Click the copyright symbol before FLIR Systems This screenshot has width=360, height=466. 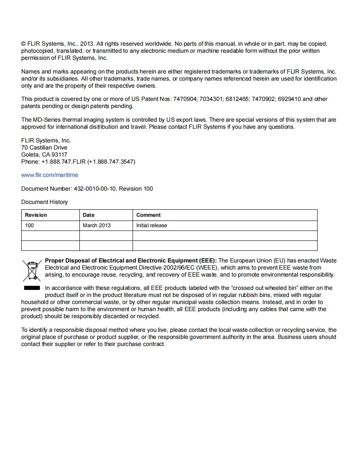pos(24,44)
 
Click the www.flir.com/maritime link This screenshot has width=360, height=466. pos(49,175)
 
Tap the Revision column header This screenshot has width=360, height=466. pos(36,215)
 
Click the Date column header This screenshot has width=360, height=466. pos(89,215)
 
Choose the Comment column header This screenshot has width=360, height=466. pos(148,215)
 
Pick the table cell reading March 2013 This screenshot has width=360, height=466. pos(96,226)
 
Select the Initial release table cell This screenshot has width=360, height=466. pos(152,226)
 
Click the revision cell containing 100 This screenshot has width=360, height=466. pos(30,226)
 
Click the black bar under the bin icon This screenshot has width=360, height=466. pos(31,288)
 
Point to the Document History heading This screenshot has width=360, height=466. pos(44,202)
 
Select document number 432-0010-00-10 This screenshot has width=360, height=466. pos(95,189)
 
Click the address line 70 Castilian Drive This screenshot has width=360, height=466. pos(44,147)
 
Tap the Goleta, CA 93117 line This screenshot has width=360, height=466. pos(44,155)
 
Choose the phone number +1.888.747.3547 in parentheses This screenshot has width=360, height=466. pos(111,162)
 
